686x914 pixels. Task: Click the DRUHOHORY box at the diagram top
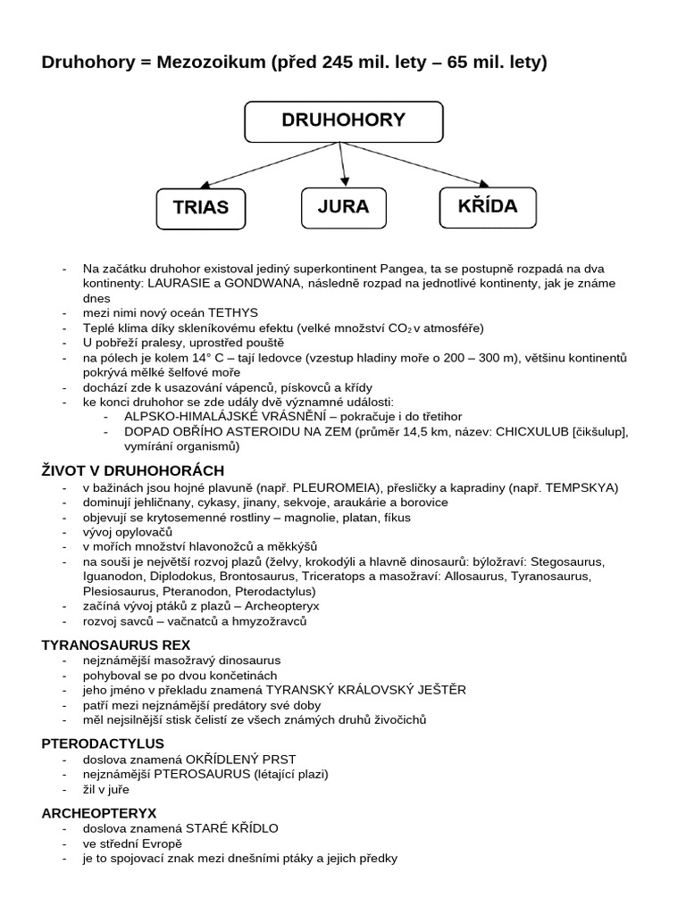344,121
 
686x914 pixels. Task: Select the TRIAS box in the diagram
200,207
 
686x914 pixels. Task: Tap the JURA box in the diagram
343,206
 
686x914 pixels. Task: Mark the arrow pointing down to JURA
342,164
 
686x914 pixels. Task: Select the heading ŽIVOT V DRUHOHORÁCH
133,470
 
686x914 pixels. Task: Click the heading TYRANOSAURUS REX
116,644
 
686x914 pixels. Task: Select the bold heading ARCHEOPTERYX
99,813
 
